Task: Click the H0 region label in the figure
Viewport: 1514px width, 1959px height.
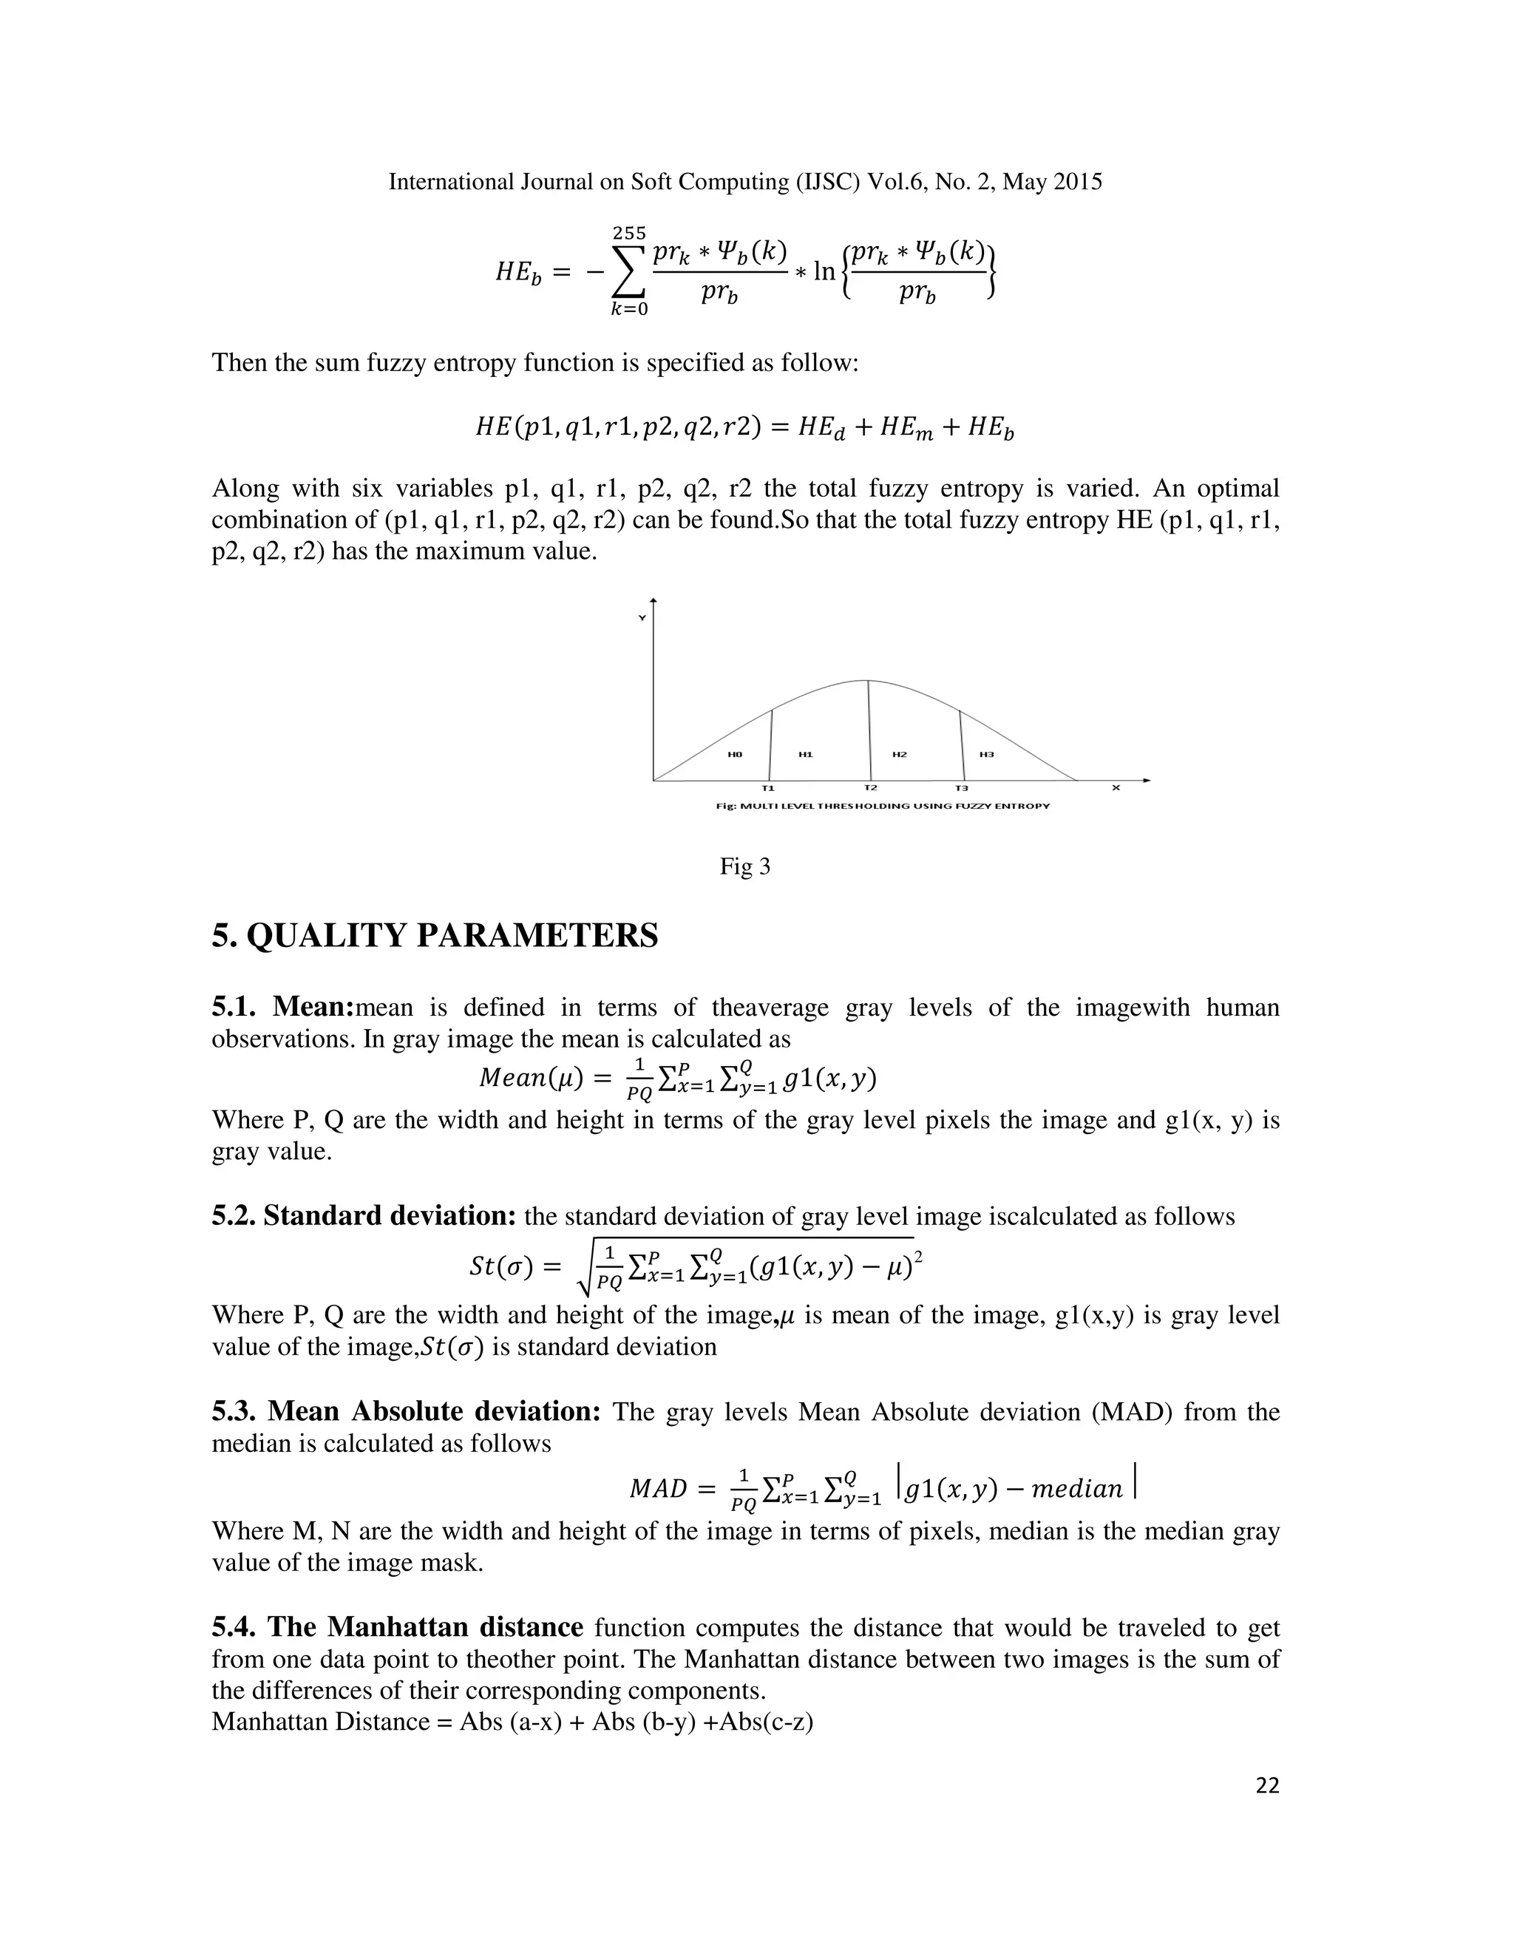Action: [x=735, y=754]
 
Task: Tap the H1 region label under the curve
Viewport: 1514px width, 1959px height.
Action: [x=806, y=754]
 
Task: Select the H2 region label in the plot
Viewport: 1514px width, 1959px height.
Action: [x=900, y=754]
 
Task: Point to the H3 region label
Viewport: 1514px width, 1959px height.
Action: [x=987, y=754]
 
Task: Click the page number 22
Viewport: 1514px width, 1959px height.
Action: [x=1267, y=1787]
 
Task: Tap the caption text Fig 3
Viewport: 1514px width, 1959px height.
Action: [x=744, y=866]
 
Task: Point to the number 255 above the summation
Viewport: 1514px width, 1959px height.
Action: [x=630, y=233]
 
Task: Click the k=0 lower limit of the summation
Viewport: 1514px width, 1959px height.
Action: [x=630, y=310]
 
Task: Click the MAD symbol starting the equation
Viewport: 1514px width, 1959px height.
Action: [x=659, y=1489]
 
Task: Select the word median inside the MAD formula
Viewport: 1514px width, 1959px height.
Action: [x=1076, y=1490]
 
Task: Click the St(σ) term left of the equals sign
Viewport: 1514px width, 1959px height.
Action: [x=501, y=1266]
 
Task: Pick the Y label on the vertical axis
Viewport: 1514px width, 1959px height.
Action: [x=641, y=618]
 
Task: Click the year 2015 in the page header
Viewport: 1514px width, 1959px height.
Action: [x=1078, y=182]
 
